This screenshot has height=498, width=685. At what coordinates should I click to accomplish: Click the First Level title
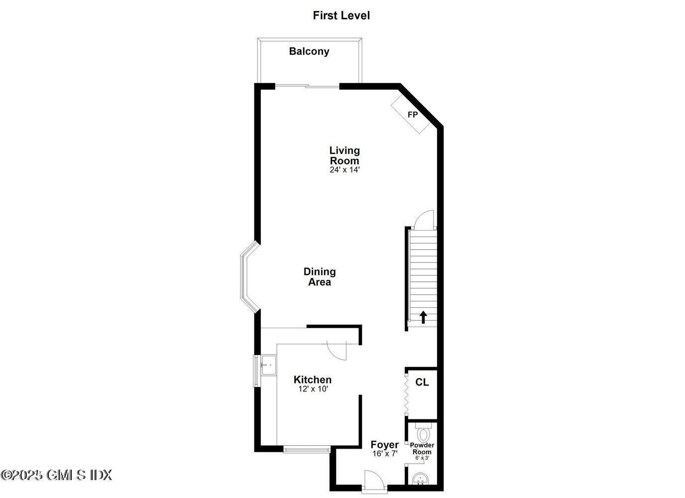pos(341,15)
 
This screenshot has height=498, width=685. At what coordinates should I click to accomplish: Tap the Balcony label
pos(309,51)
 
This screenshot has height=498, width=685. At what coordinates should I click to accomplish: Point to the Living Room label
pos(344,155)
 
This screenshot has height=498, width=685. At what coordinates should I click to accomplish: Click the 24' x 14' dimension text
pos(344,170)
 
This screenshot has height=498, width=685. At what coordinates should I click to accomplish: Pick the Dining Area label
pos(320,277)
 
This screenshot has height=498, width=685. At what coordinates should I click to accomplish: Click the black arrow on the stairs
pos(423,317)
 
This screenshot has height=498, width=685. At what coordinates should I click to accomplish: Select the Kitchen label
pos(313,380)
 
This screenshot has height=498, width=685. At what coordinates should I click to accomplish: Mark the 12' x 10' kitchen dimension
pos(314,389)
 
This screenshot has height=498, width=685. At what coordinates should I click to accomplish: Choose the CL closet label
pos(422,382)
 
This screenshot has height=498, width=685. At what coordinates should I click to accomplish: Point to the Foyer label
pos(384,445)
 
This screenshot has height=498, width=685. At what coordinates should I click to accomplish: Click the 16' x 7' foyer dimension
pos(385,454)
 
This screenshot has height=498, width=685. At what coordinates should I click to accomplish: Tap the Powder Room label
pos(422,449)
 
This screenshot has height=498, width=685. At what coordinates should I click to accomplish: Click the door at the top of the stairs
pos(425,220)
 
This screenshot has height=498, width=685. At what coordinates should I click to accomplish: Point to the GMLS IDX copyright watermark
pos(56,475)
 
